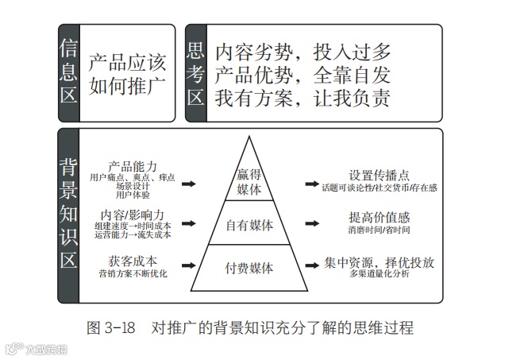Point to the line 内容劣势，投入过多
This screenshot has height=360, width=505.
pos(303,53)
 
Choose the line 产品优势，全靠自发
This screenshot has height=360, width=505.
pos(303,75)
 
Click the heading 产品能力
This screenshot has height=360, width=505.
pos(133,165)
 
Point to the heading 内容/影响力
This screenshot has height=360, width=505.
pos(133,215)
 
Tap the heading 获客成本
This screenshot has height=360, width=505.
pos(133,260)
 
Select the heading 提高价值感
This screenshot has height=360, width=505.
pos(379,217)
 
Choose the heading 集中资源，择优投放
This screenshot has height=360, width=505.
pos(380,262)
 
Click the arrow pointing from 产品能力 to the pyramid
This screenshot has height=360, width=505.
pos(189,184)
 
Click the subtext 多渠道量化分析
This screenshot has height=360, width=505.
pos(379,275)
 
